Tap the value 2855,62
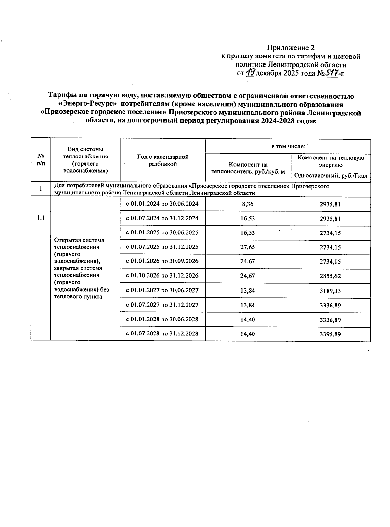click(x=330, y=276)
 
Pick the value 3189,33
click(x=330, y=291)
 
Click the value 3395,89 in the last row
click(x=330, y=334)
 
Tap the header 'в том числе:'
click(x=288, y=146)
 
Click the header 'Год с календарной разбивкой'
click(x=162, y=160)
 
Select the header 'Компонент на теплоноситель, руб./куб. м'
click(x=248, y=168)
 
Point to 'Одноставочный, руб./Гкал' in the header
click(x=331, y=176)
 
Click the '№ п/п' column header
click(x=41, y=160)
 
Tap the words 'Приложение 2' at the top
click(x=291, y=48)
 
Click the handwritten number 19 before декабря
click(x=250, y=73)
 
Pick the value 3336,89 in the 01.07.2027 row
click(x=330, y=305)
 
